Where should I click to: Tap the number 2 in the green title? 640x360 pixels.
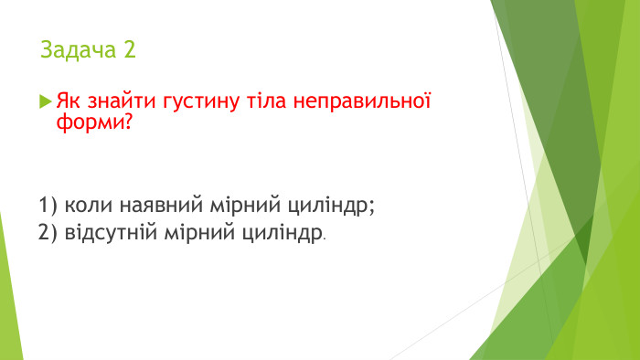tap(129, 50)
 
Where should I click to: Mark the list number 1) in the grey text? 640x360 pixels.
tap(48, 205)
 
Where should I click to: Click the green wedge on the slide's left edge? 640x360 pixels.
tap(8, 302)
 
